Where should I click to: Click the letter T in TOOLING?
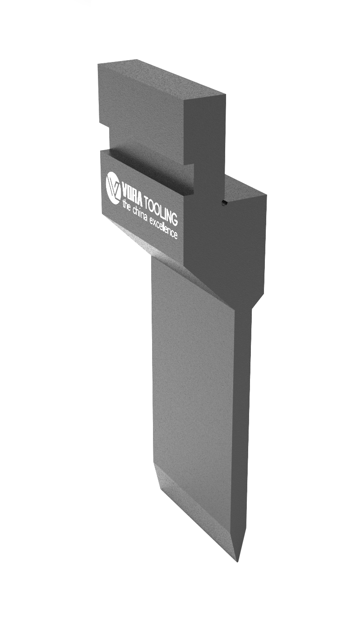click(146, 201)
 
